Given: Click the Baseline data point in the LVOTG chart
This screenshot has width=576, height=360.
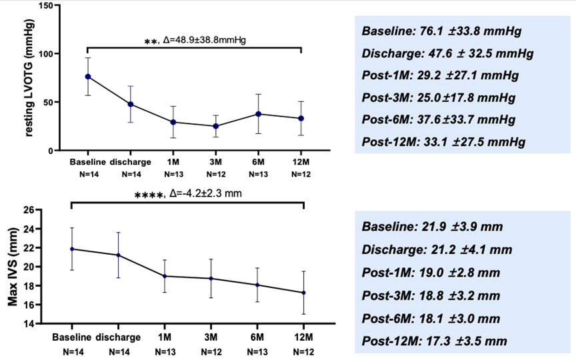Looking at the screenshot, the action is (88, 77).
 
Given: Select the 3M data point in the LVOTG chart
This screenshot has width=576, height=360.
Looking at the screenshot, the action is (215, 126).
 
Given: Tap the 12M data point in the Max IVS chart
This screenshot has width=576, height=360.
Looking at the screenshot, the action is (304, 293).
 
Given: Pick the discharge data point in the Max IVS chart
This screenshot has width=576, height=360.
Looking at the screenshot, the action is (118, 255).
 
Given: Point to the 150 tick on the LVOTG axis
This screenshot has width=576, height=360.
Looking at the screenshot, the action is (48, 5).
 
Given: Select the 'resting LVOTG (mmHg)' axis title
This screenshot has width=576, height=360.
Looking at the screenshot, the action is (29, 78).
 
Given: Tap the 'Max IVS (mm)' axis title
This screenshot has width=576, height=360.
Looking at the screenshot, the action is (13, 267).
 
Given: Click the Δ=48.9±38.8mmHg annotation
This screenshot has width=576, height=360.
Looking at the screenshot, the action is (204, 40).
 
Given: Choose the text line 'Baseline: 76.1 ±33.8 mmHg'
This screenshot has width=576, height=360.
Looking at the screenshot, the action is (441, 31).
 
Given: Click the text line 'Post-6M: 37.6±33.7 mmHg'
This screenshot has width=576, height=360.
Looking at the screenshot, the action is (439, 120).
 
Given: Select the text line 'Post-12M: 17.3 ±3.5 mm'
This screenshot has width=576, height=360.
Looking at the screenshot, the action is (434, 341).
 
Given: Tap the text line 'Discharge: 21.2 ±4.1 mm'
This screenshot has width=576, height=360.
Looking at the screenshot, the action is (437, 250).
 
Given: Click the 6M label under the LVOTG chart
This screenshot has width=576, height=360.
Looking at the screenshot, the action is (258, 161).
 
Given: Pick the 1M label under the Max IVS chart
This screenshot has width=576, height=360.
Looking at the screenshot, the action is (165, 337).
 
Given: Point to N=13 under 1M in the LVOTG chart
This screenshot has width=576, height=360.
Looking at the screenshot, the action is (174, 174).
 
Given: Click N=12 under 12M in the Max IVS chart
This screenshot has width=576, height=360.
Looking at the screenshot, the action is (304, 352).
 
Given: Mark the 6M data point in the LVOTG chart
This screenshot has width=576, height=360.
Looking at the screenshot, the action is (259, 114).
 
